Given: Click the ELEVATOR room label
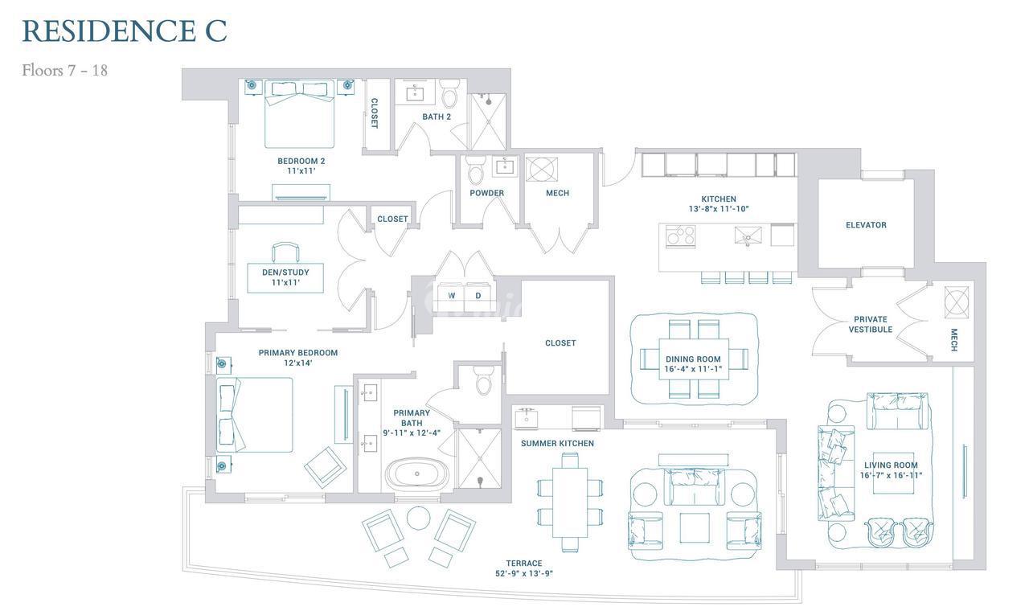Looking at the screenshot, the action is (x=866, y=225).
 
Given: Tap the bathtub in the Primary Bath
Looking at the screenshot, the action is (x=416, y=474).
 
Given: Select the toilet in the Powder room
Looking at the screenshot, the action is (x=475, y=170).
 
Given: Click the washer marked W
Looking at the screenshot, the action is (x=451, y=297).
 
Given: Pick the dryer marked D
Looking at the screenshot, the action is (x=478, y=297).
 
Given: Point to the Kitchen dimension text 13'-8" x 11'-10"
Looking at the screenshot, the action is (x=719, y=209).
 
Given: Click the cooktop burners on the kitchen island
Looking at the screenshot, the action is (x=680, y=236).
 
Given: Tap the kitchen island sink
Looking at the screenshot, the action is (x=748, y=236).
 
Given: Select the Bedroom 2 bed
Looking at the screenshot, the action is (x=300, y=114).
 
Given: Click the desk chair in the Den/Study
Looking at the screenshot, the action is (x=285, y=252).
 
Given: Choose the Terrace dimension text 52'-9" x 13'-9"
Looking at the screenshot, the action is (x=523, y=574).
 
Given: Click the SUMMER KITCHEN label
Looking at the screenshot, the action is (x=557, y=444).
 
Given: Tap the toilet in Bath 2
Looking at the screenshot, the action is (x=449, y=94).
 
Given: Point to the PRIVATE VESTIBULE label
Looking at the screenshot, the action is (x=871, y=325).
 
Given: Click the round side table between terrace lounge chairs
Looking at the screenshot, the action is (x=419, y=518).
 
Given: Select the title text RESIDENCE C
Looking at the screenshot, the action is (x=125, y=31).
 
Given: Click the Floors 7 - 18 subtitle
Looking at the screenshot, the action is (x=65, y=70).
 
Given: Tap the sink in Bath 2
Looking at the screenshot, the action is (x=416, y=94).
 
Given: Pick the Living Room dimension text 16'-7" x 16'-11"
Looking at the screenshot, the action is (x=891, y=475).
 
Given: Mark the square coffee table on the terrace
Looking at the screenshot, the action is (x=694, y=527).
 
